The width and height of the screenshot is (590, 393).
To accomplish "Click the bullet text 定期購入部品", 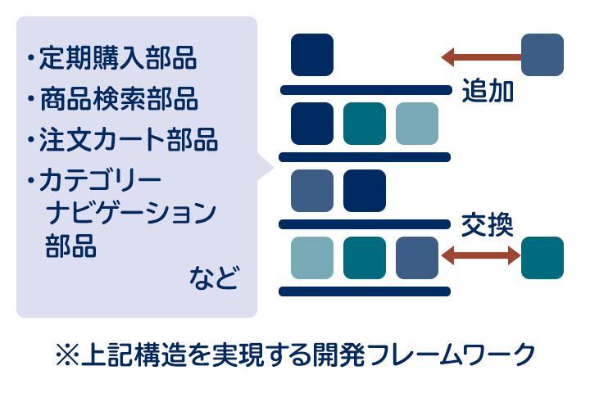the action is (x=118, y=58).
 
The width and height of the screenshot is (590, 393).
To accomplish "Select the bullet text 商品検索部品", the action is (x=119, y=98).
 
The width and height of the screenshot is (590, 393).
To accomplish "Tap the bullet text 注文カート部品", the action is (x=129, y=139).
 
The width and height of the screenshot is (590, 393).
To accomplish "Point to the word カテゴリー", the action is (x=100, y=180).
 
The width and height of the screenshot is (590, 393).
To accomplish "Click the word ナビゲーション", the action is (x=131, y=213).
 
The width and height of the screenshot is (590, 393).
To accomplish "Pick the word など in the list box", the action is (x=214, y=278).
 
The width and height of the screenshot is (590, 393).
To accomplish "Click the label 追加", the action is (x=488, y=91).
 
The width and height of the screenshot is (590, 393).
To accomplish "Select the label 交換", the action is (x=488, y=225).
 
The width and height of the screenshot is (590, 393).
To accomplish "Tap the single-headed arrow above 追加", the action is (x=481, y=57).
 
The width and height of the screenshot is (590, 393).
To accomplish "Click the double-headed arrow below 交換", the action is (x=481, y=255).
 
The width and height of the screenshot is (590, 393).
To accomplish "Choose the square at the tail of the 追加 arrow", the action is (x=542, y=55).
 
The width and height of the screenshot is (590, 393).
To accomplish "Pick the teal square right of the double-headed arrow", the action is (x=542, y=258).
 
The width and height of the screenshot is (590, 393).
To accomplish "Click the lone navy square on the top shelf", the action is (x=312, y=55).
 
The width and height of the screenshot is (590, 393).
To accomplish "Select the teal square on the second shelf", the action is (x=365, y=124).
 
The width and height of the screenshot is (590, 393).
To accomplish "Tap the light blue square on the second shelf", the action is (x=417, y=124).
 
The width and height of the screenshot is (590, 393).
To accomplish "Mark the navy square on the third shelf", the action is (x=365, y=191).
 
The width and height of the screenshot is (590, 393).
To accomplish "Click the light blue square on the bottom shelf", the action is (x=312, y=258).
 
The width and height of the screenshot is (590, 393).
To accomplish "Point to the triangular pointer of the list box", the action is (x=265, y=167).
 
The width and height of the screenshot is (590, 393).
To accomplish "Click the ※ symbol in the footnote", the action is (x=67, y=355).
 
